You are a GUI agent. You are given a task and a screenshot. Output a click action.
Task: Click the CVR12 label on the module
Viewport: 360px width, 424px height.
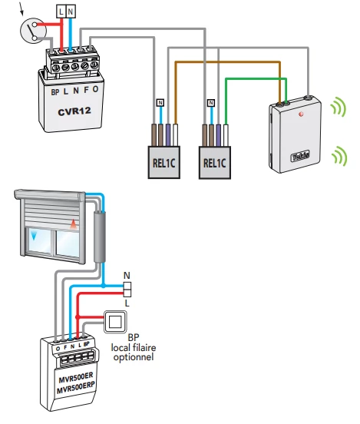click(x=74, y=111)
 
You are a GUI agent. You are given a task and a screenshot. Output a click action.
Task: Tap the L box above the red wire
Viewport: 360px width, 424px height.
click(x=61, y=12)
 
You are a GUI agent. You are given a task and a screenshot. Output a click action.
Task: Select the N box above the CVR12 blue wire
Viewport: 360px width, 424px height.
click(x=71, y=12)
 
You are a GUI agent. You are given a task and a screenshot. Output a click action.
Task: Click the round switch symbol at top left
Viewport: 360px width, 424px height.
click(x=33, y=30)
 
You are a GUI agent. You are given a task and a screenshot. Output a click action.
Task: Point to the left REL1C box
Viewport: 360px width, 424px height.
click(x=164, y=163)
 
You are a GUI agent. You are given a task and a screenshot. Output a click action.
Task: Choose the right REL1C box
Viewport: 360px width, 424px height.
click(x=215, y=163)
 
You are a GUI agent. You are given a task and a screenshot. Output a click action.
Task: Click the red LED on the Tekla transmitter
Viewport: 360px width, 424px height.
click(x=302, y=114)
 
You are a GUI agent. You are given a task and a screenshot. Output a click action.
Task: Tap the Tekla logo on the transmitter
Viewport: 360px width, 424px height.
click(x=300, y=156)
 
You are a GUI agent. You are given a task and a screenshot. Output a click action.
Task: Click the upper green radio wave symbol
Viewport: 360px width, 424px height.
click(x=339, y=108)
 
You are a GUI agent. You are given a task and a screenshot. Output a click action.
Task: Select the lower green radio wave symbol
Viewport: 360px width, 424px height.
click(x=340, y=156)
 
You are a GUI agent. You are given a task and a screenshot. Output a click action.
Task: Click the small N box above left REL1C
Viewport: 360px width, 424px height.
click(x=160, y=103)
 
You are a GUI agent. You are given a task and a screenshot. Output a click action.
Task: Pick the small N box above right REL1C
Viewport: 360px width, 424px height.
click(x=211, y=103)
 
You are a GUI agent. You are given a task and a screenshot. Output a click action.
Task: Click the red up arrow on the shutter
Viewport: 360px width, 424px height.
click(x=74, y=224)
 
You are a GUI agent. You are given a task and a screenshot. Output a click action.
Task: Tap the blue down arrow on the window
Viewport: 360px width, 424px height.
click(x=34, y=235)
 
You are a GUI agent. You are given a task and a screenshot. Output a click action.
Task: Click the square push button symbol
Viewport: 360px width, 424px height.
click(x=115, y=322)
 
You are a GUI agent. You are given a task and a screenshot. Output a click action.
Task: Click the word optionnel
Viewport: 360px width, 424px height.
click(x=134, y=357)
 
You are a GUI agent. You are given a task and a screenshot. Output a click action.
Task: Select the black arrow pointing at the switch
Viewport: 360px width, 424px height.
click(x=21, y=8)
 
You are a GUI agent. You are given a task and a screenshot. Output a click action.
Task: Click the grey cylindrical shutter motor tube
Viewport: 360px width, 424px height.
click(x=100, y=237)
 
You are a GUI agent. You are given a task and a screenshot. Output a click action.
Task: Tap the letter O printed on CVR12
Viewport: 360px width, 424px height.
click(x=95, y=89)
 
